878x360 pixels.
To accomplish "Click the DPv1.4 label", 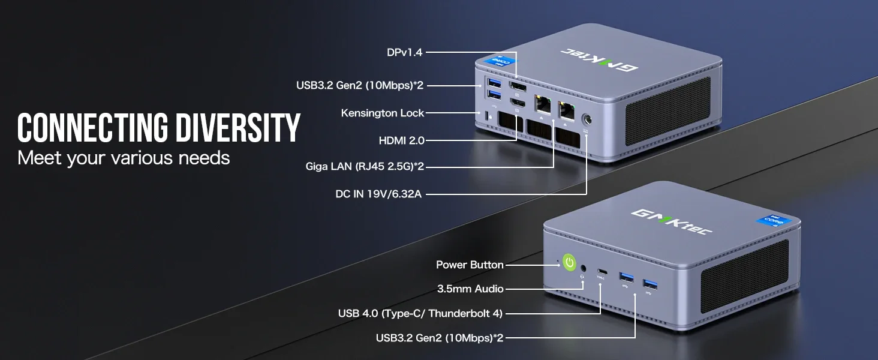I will pos(404,52).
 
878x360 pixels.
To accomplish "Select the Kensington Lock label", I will pos(382,113).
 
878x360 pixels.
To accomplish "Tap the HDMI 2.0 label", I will pos(401,140).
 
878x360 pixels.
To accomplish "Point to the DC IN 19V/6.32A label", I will pos(378,194).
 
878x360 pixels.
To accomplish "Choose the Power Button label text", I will pos(470,265).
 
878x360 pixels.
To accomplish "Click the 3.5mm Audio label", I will pos(470,289).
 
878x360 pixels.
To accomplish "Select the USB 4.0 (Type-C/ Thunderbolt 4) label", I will pos(420,313).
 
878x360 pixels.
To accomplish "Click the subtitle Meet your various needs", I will pos(124,158).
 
